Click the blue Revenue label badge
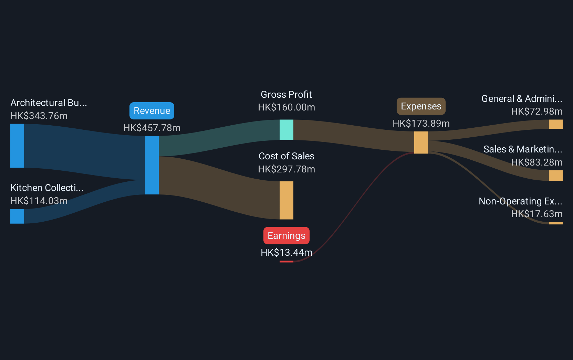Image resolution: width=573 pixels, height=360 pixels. pyautogui.click(x=152, y=111)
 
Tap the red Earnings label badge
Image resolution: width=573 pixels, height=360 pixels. pyautogui.click(x=286, y=235)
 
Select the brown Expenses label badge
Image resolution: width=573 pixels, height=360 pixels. pyautogui.click(x=421, y=106)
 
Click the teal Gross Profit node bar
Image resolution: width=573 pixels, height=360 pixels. pyautogui.click(x=286, y=130)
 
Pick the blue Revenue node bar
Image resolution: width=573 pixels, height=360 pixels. pyautogui.click(x=152, y=165)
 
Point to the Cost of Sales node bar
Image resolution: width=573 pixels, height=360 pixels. pyautogui.click(x=286, y=200)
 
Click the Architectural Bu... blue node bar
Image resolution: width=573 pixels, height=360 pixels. pyautogui.click(x=17, y=146)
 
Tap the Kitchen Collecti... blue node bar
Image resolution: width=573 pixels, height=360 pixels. pyautogui.click(x=17, y=216)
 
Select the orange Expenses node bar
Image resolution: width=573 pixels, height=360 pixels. pyautogui.click(x=421, y=143)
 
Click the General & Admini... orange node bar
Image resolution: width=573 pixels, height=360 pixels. pyautogui.click(x=555, y=124)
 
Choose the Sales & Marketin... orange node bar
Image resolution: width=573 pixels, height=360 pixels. pyautogui.click(x=555, y=176)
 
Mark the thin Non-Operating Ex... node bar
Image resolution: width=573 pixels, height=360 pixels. pyautogui.click(x=555, y=223)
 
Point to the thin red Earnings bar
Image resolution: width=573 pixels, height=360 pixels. pyautogui.click(x=286, y=262)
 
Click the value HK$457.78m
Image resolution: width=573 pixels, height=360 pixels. pyautogui.click(x=152, y=128)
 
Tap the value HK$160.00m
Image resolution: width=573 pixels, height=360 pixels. pyautogui.click(x=286, y=107)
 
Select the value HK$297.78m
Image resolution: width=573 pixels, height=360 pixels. pyautogui.click(x=286, y=169)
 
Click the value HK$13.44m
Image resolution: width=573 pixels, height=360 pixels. pyautogui.click(x=286, y=253)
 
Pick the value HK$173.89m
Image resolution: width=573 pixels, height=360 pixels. pyautogui.click(x=421, y=124)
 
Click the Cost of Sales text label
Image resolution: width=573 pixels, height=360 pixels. pyautogui.click(x=286, y=156)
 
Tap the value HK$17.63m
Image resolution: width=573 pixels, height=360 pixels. pyautogui.click(x=537, y=214)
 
